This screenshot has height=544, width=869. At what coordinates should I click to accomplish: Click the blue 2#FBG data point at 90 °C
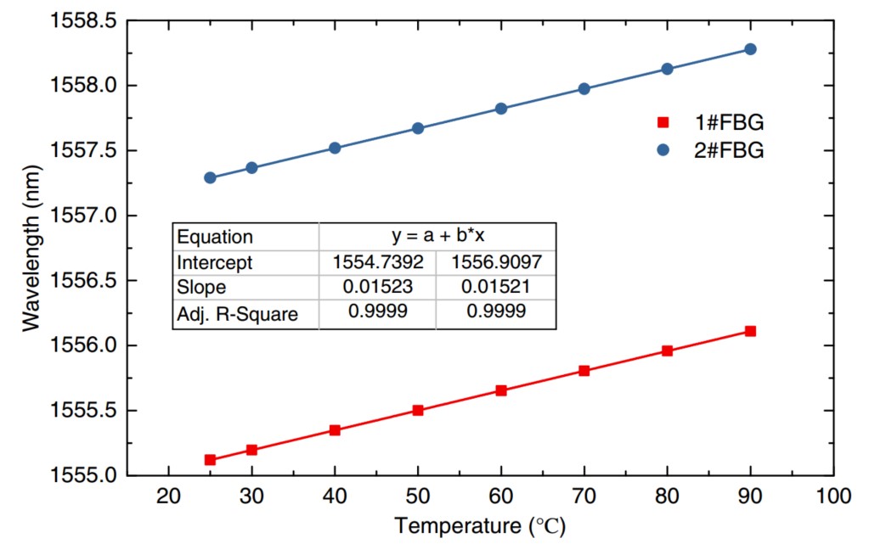(x=750, y=49)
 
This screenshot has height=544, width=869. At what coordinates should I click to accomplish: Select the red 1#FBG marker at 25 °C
(x=210, y=460)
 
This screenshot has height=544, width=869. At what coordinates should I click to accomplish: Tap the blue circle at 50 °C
(x=418, y=128)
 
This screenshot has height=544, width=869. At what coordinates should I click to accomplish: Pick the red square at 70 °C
(x=584, y=371)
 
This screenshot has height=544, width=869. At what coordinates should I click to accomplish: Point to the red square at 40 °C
(x=335, y=430)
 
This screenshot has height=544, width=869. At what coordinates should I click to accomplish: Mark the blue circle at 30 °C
(x=251, y=168)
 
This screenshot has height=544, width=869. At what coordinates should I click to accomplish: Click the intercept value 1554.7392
(x=376, y=262)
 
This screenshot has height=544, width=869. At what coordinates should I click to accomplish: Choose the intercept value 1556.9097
(x=495, y=262)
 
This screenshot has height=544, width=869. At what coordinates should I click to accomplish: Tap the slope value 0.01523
(x=376, y=288)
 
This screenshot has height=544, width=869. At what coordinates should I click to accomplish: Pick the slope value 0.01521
(x=495, y=288)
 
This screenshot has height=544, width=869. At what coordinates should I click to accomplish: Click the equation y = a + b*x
(x=436, y=237)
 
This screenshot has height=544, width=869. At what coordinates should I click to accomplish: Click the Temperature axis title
(x=479, y=526)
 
